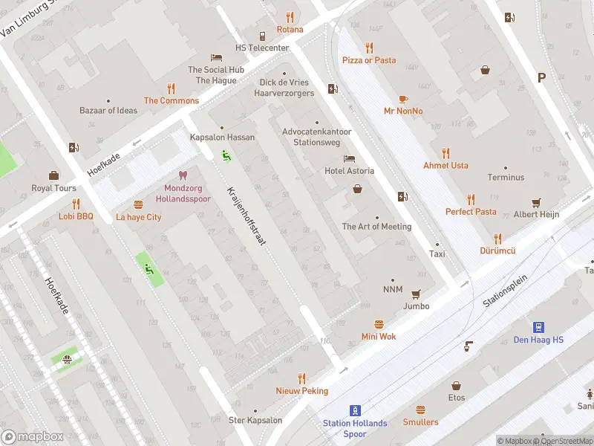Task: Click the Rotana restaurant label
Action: tap(290, 30)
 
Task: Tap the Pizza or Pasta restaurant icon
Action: tap(369, 47)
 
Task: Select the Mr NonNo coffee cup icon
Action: tap(403, 98)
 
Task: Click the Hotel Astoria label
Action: tap(349, 171)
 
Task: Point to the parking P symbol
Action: tap(541, 77)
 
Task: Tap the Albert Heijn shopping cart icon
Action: tap(536, 201)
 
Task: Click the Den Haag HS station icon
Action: tap(538, 327)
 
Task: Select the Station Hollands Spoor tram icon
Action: tap(356, 410)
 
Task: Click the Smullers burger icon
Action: tap(420, 410)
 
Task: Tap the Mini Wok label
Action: tap(379, 337)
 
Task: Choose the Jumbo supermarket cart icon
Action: tap(416, 294)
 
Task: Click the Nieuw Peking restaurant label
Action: tap(301, 391)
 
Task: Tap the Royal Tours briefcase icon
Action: tap(53, 175)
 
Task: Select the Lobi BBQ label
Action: tap(76, 216)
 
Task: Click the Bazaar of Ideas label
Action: tap(108, 111)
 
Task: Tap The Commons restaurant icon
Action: tap(171, 88)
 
